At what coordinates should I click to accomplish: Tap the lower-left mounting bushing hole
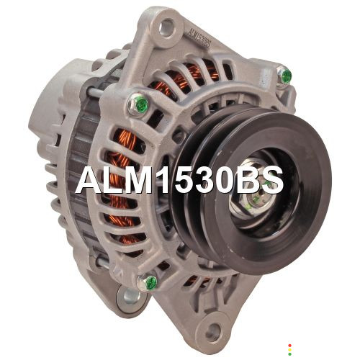tap(131, 297)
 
